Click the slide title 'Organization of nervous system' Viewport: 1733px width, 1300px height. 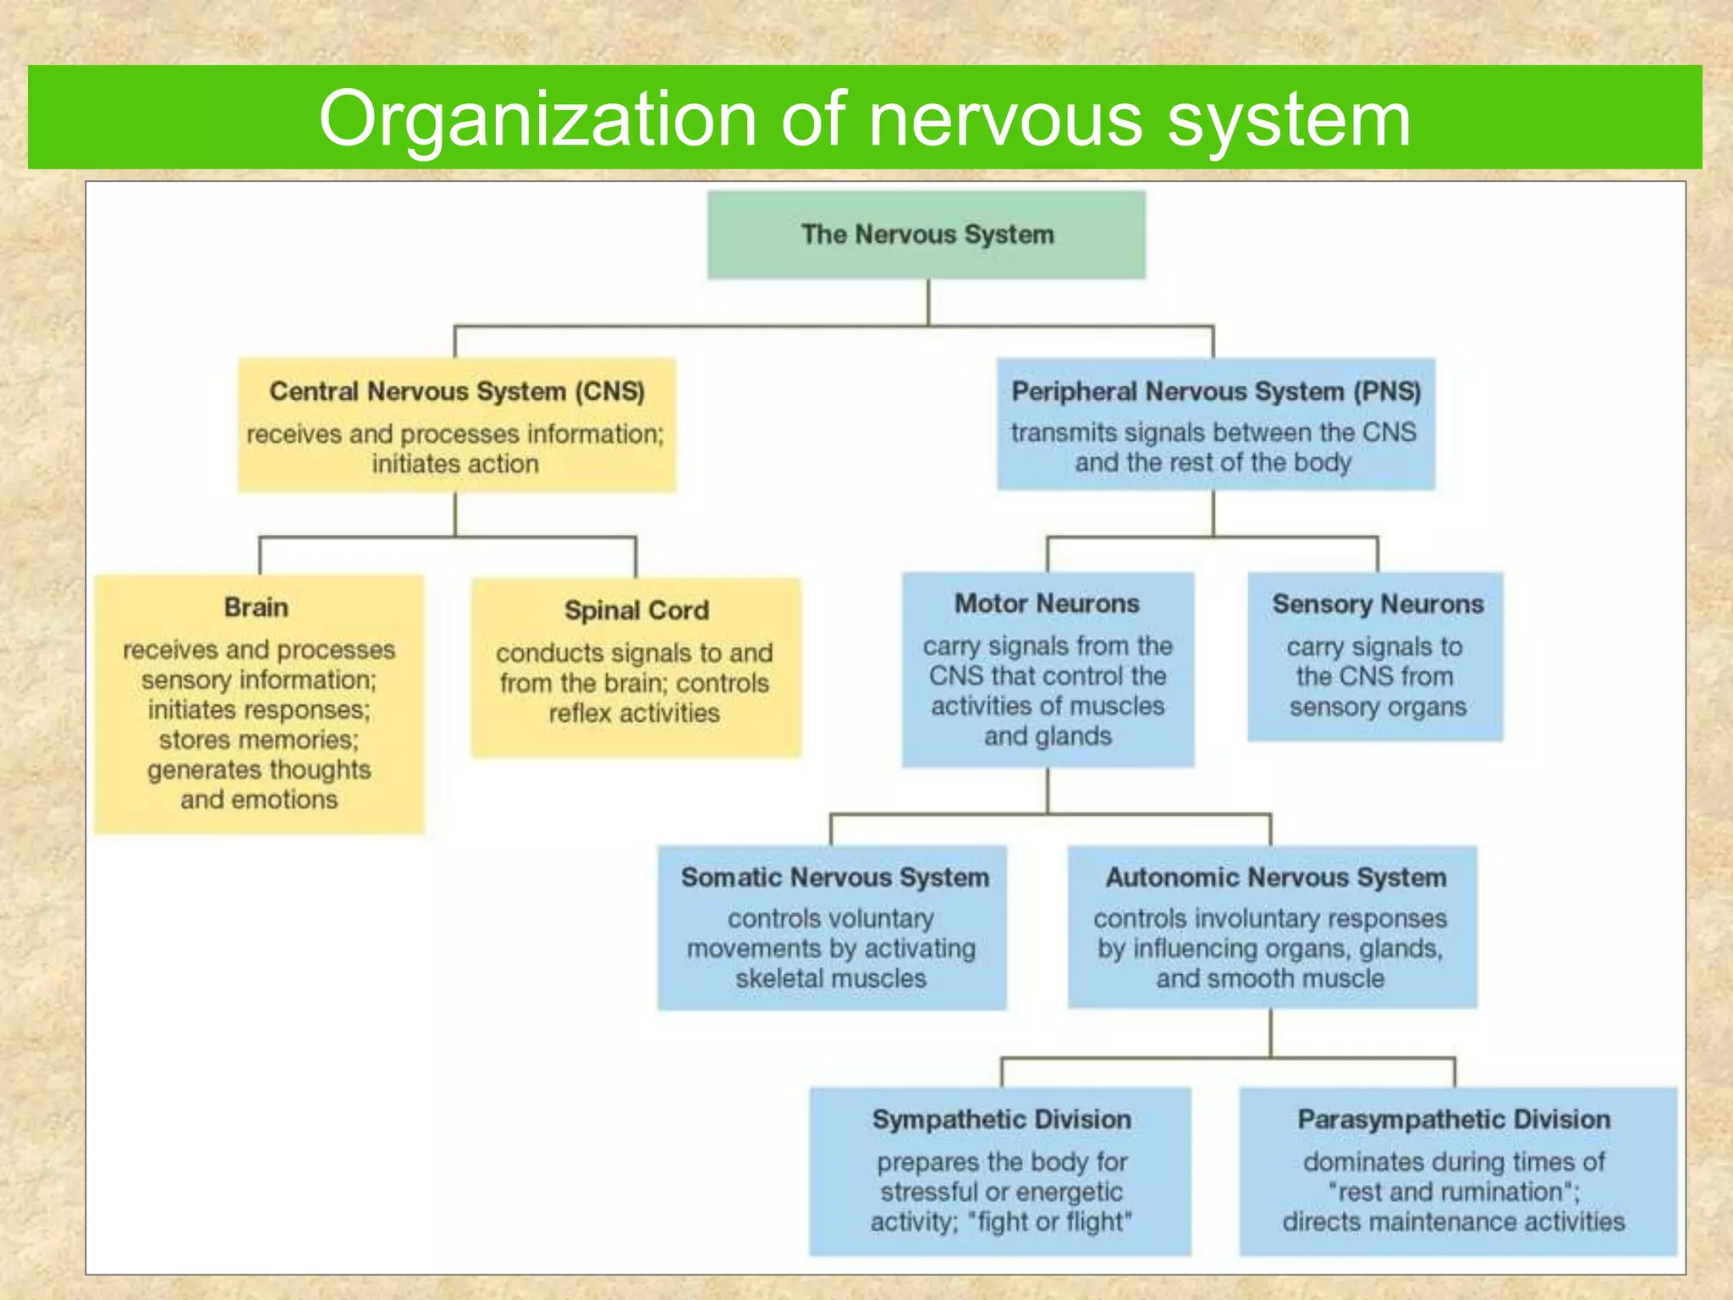pos(864,118)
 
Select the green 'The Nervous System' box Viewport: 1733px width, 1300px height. pos(927,234)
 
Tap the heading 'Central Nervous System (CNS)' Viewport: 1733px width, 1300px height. pos(457,391)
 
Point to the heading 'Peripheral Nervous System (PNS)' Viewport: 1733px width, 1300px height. pos(1215,391)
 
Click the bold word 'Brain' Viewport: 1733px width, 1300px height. pos(256,607)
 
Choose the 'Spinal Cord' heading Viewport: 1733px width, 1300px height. pos(636,609)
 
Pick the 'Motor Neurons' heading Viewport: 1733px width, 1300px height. pos(1047,603)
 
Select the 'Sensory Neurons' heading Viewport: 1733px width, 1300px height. pos(1378,603)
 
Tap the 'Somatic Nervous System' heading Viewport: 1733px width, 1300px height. pos(834,877)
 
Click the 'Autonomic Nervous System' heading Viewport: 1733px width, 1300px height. pos(1275,877)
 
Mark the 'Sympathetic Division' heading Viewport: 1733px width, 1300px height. pos(1001,1119)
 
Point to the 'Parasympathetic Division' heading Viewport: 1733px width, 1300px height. pos(1454,1119)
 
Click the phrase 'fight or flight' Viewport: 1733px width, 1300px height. pos(1049,1221)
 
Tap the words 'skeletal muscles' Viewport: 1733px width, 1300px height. pos(830,978)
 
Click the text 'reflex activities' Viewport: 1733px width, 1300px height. pos(634,713)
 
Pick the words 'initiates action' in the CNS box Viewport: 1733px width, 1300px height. pos(455,464)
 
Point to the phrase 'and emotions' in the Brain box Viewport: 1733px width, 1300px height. pos(259,799)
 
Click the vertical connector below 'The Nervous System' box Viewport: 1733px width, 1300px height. pos(928,301)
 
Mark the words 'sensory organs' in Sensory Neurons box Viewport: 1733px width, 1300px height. pos(1378,707)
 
